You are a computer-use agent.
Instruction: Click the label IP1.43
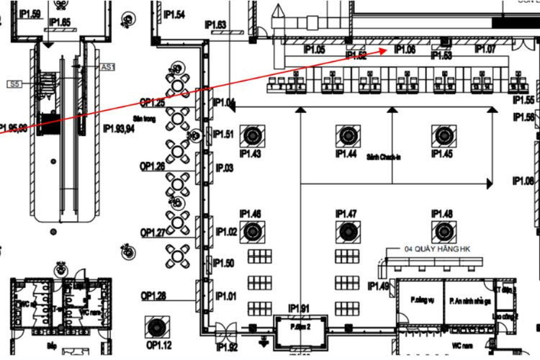coord(250,154)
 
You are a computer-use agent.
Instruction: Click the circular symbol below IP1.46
coord(252,231)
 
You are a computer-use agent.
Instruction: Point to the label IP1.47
coord(346,214)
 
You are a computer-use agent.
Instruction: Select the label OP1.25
coord(153,103)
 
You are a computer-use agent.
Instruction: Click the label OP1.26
coord(153,166)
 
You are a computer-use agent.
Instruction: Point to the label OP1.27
coord(153,232)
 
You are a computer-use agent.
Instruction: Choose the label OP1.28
coord(153,296)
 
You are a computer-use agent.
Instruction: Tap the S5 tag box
coord(14,84)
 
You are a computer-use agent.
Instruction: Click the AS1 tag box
coord(108,67)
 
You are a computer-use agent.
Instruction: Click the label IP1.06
coord(404,50)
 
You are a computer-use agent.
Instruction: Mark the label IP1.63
coord(215,25)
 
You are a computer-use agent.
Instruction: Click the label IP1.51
coord(225,134)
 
